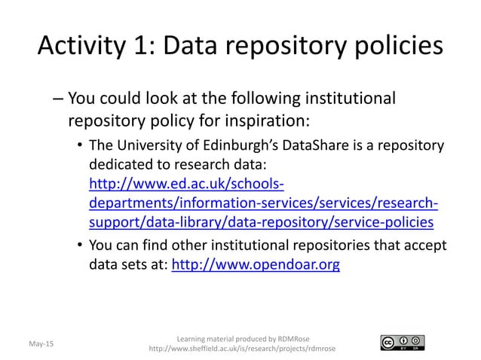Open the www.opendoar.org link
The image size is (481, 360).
(x=256, y=264)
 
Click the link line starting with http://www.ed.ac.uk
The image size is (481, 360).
(x=186, y=185)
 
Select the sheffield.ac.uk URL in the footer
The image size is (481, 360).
(x=243, y=349)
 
